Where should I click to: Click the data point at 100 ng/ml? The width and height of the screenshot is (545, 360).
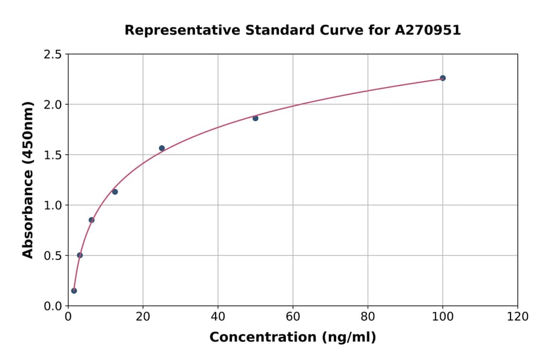443,78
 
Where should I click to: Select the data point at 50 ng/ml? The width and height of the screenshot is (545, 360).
256,118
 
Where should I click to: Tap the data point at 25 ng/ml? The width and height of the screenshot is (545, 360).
162,148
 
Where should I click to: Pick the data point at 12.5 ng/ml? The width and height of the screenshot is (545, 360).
115,192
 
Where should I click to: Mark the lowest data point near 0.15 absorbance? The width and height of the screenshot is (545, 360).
74,290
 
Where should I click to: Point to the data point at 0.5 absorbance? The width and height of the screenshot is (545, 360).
80,255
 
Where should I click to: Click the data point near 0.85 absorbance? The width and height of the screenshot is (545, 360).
91,220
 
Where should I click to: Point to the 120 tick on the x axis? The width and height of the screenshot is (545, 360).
518,316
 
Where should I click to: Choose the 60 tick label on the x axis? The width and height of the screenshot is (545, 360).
293,316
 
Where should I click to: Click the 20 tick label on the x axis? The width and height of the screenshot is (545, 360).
143,316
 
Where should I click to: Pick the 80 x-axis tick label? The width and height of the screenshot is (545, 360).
368,316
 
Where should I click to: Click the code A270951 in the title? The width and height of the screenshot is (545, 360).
428,30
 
